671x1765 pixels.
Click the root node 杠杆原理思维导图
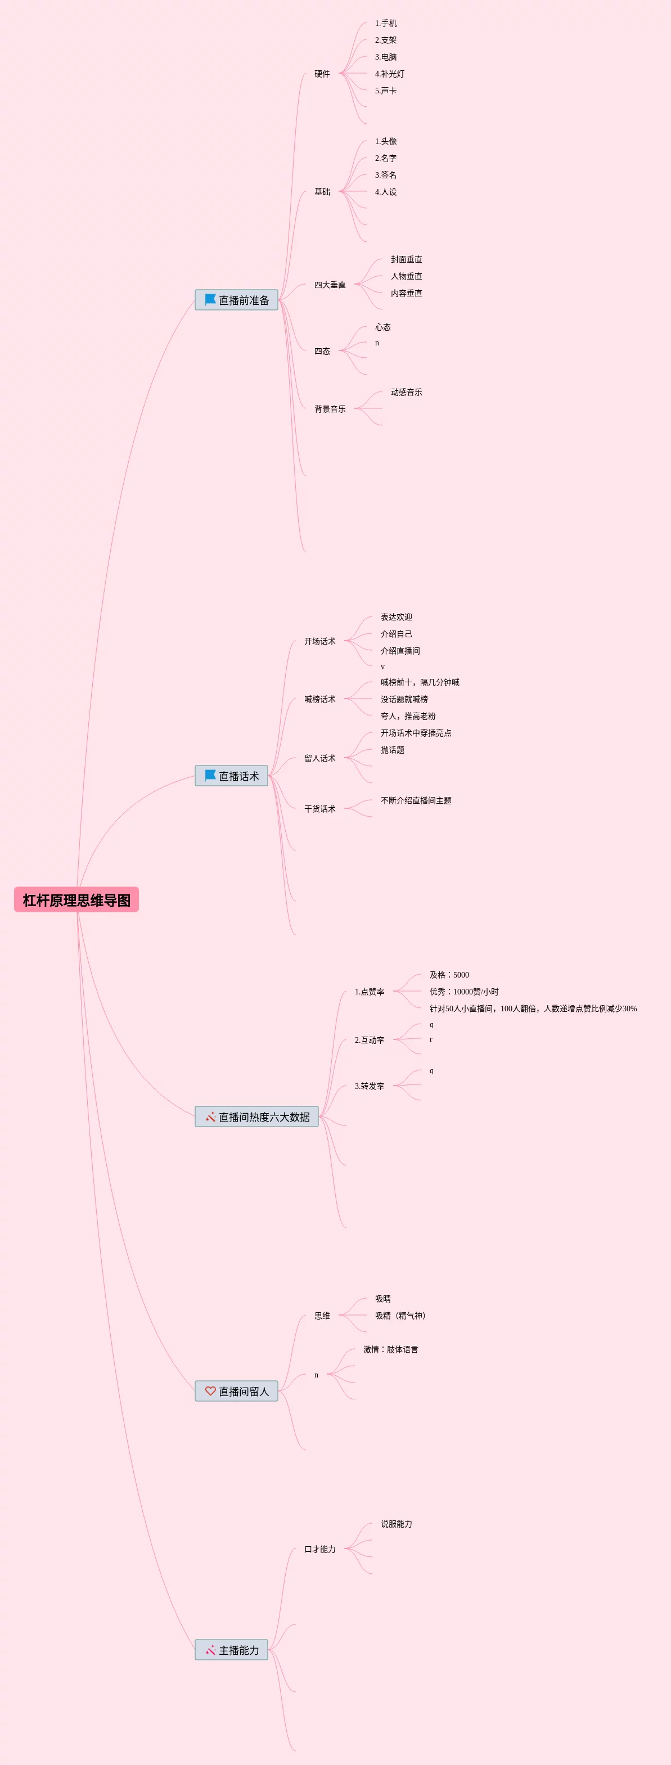76,899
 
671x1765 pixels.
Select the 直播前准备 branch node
236,300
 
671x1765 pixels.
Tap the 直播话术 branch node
232,776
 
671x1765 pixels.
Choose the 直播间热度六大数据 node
256,1116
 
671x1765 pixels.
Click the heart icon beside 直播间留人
210,1391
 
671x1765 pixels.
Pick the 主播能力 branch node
232,1650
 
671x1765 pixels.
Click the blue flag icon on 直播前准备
210,299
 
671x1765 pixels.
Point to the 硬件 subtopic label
322,74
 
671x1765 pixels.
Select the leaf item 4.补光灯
389,74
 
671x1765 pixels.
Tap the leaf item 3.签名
386,175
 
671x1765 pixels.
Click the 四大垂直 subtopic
330,285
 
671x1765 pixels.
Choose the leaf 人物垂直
407,276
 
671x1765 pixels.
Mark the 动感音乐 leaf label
407,392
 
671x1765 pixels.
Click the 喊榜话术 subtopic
320,699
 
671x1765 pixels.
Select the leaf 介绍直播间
400,651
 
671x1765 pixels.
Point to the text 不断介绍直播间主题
416,800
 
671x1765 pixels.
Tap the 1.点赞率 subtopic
370,992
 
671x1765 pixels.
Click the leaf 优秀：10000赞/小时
464,992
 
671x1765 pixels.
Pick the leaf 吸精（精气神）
400,1316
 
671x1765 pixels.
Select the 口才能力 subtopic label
320,1549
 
